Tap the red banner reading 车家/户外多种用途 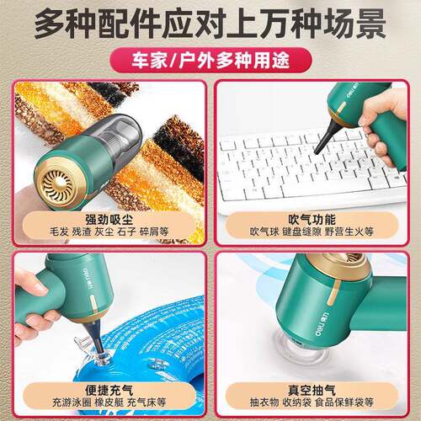pyautogui.click(x=210, y=61)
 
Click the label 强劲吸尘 pyautogui.click(x=109, y=220)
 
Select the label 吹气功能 pyautogui.click(x=312, y=220)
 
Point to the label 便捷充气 pyautogui.click(x=109, y=390)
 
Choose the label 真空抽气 pyautogui.click(x=312, y=390)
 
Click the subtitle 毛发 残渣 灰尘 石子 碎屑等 pyautogui.click(x=109, y=232)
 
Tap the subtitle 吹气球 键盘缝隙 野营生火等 pyautogui.click(x=312, y=232)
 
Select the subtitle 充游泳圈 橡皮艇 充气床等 pyautogui.click(x=109, y=402)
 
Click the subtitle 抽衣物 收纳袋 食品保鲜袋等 pyautogui.click(x=312, y=402)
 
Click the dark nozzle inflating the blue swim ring pyautogui.click(x=95, y=337)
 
